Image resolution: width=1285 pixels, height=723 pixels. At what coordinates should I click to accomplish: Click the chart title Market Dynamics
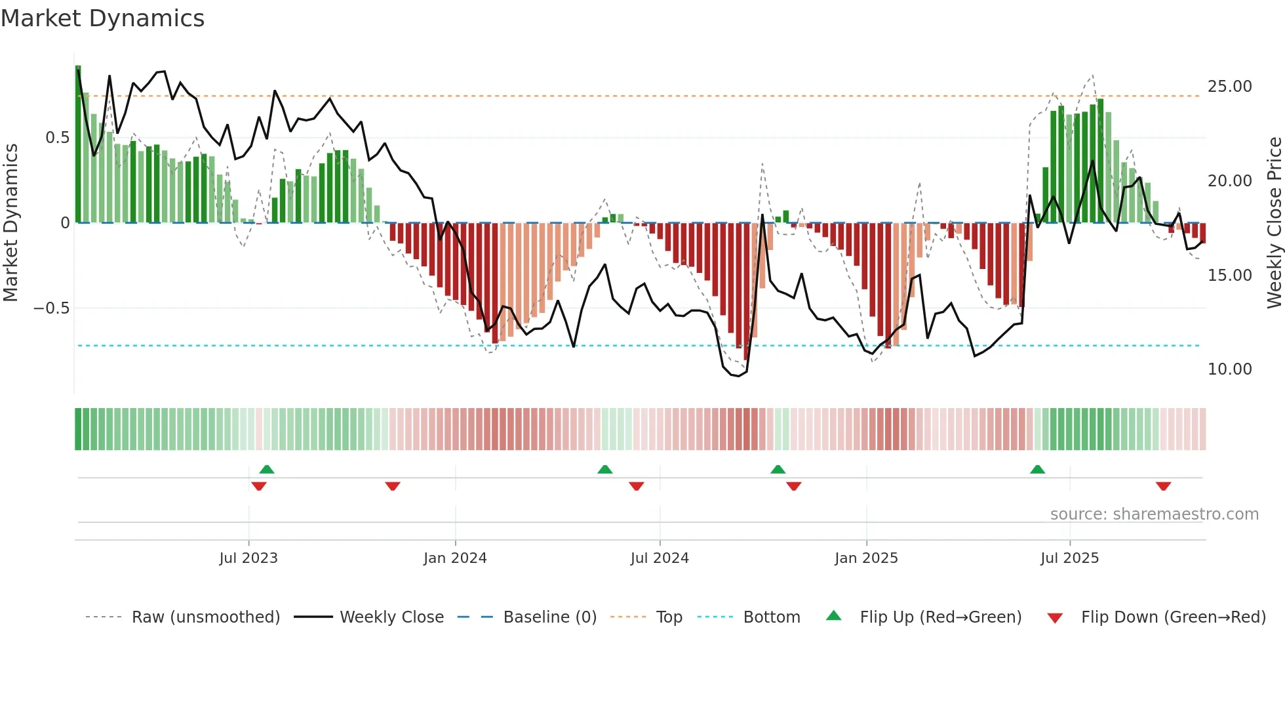[103, 18]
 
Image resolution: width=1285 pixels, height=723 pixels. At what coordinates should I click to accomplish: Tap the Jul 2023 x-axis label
[248, 558]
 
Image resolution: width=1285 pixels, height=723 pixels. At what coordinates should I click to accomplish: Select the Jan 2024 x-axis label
[455, 558]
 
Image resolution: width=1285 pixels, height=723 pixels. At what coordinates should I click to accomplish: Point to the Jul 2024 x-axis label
[660, 558]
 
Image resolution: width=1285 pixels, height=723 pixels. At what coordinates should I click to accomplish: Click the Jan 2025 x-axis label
[866, 558]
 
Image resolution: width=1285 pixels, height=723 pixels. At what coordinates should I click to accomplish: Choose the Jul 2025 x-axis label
[1069, 558]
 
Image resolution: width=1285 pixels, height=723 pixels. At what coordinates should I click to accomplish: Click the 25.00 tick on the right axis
[1229, 87]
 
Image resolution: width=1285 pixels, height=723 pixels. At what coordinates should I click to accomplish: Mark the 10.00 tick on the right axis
[1229, 369]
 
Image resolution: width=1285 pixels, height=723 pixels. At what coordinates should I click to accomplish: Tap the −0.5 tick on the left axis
[52, 308]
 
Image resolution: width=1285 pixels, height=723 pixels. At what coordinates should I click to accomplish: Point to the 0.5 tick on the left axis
[57, 138]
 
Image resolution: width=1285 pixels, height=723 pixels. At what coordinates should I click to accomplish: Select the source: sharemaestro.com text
[1154, 514]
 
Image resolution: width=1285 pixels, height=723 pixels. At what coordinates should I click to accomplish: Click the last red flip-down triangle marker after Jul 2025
[1163, 486]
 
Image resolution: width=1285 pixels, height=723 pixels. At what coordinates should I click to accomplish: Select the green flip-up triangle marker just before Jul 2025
[1037, 469]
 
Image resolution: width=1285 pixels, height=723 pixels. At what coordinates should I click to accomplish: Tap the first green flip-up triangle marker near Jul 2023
[267, 469]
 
